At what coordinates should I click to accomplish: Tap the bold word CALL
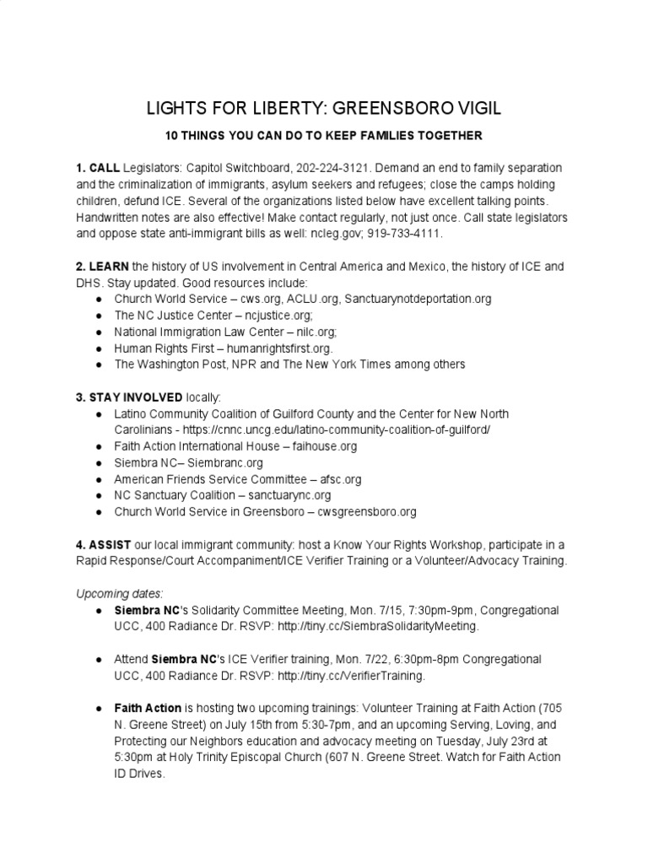[x=105, y=168]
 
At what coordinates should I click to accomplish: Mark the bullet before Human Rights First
[x=99, y=348]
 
